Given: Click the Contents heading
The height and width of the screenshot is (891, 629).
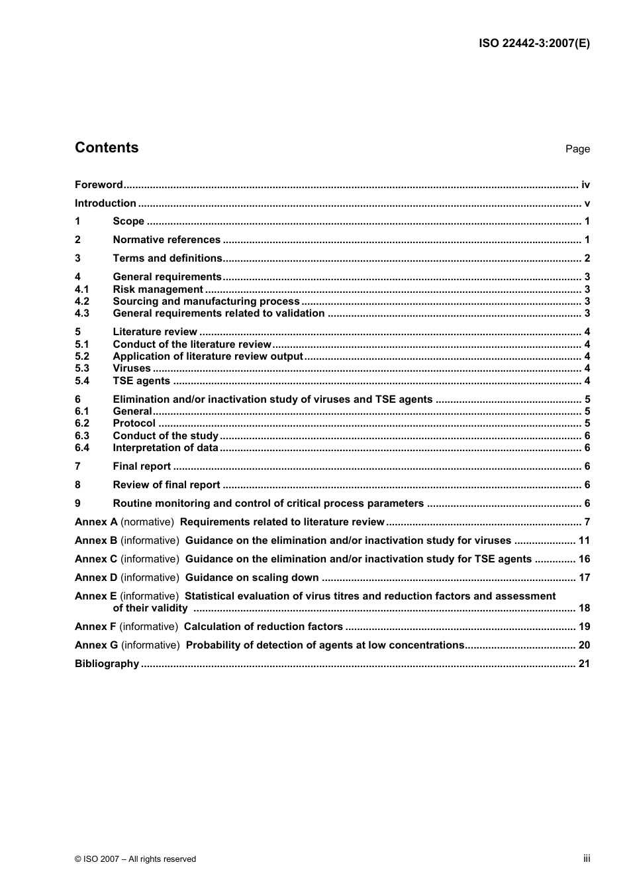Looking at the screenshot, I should tap(107, 148).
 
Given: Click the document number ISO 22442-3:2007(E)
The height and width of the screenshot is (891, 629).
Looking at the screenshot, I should tap(534, 44).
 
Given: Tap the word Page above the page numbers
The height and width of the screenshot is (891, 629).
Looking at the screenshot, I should tap(577, 149).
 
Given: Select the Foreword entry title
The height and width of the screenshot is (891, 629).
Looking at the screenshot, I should tap(99, 185).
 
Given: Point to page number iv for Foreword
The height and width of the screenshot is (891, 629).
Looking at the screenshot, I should tap(585, 185).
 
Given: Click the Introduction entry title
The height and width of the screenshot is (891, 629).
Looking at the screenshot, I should tap(105, 203).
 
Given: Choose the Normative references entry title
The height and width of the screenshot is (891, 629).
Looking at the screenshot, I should tap(166, 240).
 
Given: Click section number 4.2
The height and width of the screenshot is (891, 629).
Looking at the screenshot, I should tap(82, 301).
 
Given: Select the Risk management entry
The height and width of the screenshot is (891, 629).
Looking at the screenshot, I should tap(158, 289).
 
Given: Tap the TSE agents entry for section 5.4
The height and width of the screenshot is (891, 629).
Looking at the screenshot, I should tap(141, 381).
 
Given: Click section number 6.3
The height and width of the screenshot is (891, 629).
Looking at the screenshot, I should tap(82, 436).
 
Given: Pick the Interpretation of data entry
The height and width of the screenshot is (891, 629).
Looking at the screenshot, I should tap(166, 448).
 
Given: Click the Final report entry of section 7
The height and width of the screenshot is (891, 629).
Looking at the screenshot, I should tap(142, 466).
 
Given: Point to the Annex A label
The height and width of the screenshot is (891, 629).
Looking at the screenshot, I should tap(96, 522).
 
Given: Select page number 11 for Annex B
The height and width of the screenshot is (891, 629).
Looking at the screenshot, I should tap(583, 541).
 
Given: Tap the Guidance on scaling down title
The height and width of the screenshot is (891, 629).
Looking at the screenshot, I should tap(252, 578).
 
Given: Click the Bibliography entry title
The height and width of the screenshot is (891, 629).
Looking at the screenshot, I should tap(107, 664).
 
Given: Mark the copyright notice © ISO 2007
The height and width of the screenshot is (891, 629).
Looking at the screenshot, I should tap(135, 859).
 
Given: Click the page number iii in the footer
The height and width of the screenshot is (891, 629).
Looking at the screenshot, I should tap(586, 859).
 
